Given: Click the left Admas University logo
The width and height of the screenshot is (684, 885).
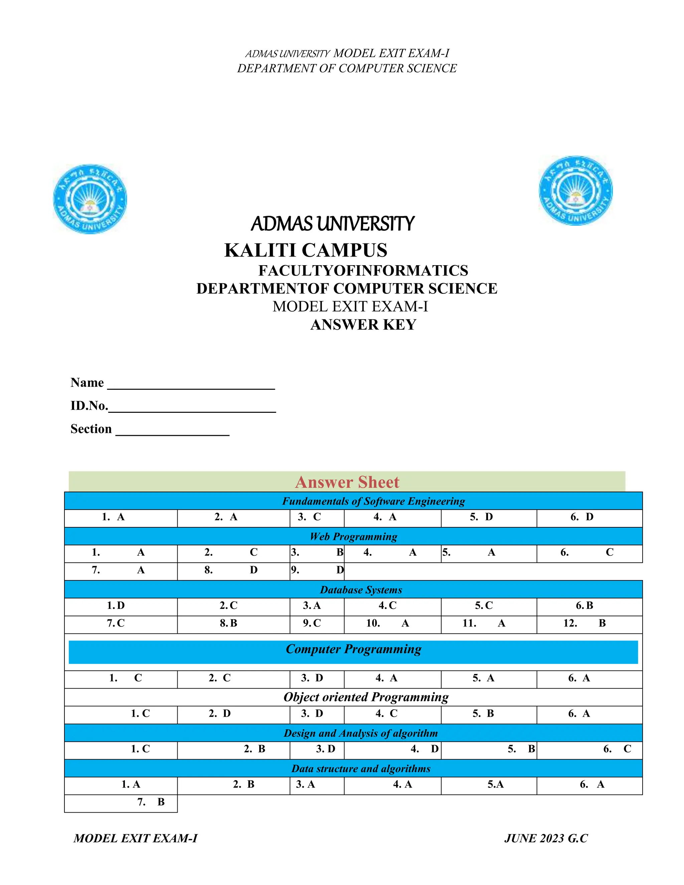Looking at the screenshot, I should click(x=90, y=199).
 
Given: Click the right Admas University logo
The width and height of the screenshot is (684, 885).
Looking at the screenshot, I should click(x=575, y=190).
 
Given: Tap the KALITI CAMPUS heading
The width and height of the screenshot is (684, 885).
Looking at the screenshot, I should click(x=306, y=250).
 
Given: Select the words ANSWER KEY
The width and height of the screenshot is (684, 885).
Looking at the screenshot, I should click(x=363, y=325).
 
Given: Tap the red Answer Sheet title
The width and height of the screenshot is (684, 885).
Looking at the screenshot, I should click(x=347, y=482).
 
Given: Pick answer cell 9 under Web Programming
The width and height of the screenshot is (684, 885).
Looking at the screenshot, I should click(x=317, y=570).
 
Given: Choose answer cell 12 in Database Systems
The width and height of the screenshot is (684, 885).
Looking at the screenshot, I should click(x=589, y=623).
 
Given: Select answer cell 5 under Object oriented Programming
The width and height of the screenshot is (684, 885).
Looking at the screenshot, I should click(x=488, y=714).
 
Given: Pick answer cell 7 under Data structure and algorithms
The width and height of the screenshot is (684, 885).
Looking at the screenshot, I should click(x=121, y=802).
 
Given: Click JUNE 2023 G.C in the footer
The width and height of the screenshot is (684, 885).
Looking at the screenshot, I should click(x=545, y=838).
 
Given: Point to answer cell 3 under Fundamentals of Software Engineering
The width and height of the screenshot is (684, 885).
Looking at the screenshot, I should click(x=317, y=517).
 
